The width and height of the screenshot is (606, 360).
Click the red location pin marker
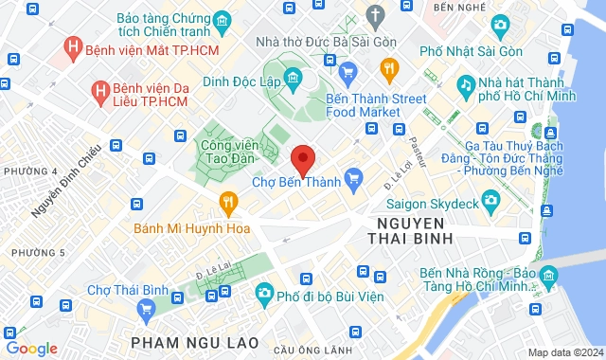pyautogui.click(x=302, y=158)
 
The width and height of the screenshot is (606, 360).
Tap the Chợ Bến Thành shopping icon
pyautogui.click(x=355, y=176)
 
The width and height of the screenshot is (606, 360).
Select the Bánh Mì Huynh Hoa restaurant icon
pyautogui.click(x=227, y=201)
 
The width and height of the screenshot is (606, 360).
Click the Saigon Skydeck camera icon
pyautogui.click(x=490, y=199)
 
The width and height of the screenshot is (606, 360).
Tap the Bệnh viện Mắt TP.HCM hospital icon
pyautogui.click(x=70, y=45)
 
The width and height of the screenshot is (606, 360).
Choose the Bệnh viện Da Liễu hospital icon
pyautogui.click(x=98, y=91)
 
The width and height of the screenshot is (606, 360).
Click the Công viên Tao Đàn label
pyautogui.click(x=231, y=153)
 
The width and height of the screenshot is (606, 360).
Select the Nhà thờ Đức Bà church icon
pyautogui.click(x=376, y=16)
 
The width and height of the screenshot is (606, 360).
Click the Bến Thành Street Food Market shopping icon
pyautogui.click(x=348, y=70)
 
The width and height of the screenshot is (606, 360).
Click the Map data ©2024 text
pyautogui.click(x=563, y=352)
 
